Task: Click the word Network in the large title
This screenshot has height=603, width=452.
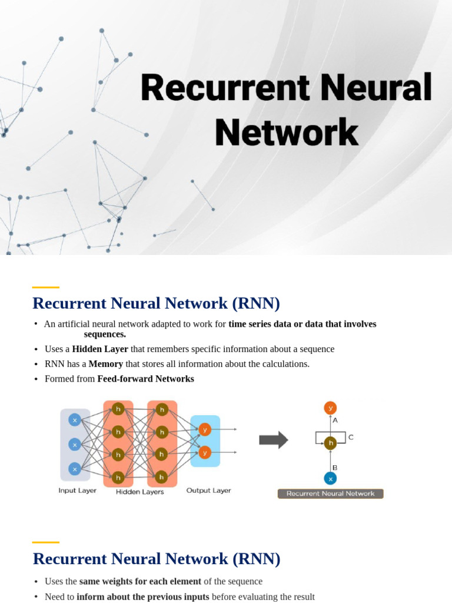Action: pos(287,132)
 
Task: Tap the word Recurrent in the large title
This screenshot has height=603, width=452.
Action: pos(224,88)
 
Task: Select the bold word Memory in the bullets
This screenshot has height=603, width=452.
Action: pos(106,364)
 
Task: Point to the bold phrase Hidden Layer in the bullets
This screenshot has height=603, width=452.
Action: pos(100,349)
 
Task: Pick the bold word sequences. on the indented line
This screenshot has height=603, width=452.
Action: pos(105,334)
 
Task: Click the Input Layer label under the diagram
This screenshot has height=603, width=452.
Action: pos(78,491)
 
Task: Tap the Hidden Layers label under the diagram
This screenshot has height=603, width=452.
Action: pos(140,492)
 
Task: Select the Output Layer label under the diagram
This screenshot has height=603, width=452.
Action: pos(208,491)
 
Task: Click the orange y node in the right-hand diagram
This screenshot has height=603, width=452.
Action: pos(330,407)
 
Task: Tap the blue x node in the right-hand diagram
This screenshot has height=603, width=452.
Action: pos(330,478)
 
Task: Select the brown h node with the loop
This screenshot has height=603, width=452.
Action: pos(330,443)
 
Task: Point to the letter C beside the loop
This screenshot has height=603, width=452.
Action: pos(351,438)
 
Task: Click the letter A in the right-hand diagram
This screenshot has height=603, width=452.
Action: pos(335,420)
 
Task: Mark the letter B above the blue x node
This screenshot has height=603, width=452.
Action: pos(335,467)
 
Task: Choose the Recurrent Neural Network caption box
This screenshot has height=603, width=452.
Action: pos(330,493)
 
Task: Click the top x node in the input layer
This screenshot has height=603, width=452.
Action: pos(75,420)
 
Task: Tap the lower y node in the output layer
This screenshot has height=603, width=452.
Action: pos(205,452)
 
